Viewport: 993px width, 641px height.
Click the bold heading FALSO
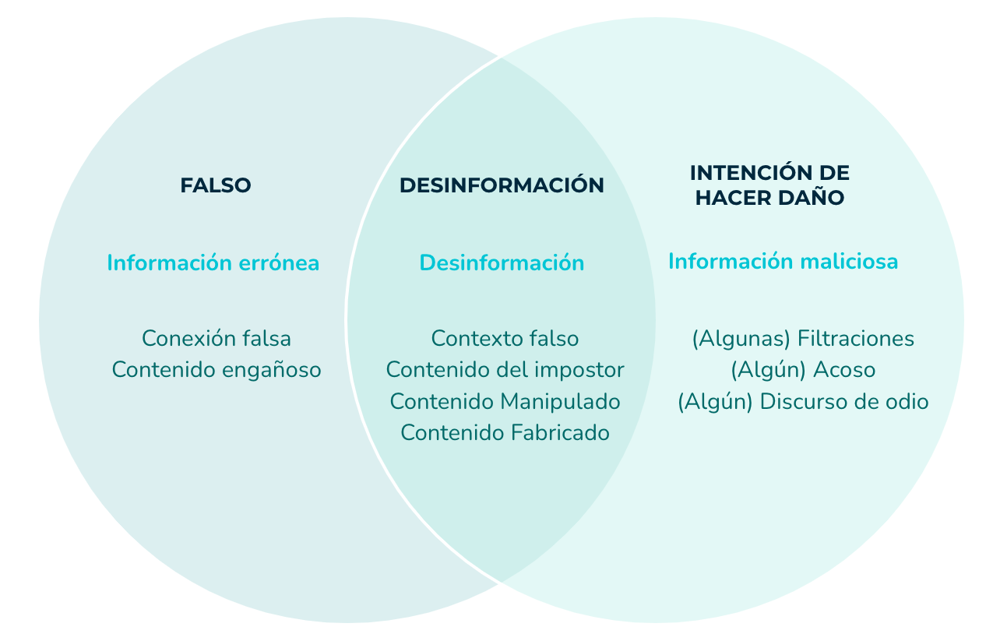(x=216, y=185)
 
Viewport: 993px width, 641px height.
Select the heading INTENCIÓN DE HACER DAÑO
(x=769, y=185)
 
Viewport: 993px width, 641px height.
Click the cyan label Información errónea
(x=213, y=262)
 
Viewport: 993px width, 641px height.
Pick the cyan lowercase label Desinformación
(x=502, y=262)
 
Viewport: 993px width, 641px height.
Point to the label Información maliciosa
(x=783, y=261)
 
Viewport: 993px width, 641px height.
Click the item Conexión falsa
(x=217, y=338)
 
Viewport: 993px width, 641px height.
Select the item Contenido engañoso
(x=217, y=370)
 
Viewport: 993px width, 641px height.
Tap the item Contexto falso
(x=505, y=338)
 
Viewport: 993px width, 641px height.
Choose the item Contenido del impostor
(x=505, y=370)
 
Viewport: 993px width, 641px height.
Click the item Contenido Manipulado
(x=505, y=402)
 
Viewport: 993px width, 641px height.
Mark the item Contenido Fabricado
(x=505, y=432)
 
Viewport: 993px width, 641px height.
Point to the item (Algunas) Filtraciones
(x=803, y=339)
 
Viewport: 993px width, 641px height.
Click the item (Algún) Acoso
(x=803, y=370)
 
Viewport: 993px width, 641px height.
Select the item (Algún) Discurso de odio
(x=803, y=402)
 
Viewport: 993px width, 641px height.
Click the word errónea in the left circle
(x=279, y=263)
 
